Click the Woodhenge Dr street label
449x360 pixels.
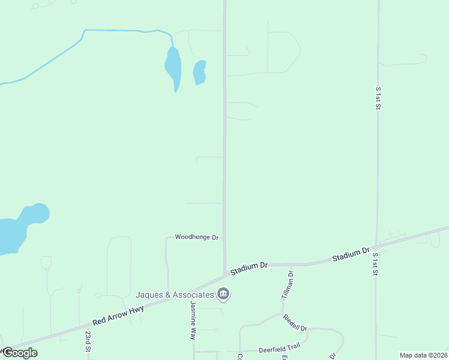pos(196,238)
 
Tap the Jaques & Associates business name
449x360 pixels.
pos(175,295)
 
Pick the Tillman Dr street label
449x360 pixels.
pos(287,285)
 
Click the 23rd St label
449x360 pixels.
pos(88,341)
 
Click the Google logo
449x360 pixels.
pos(20,353)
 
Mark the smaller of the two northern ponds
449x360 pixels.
pos(199,73)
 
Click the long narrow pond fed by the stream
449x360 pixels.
pos(173,66)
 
